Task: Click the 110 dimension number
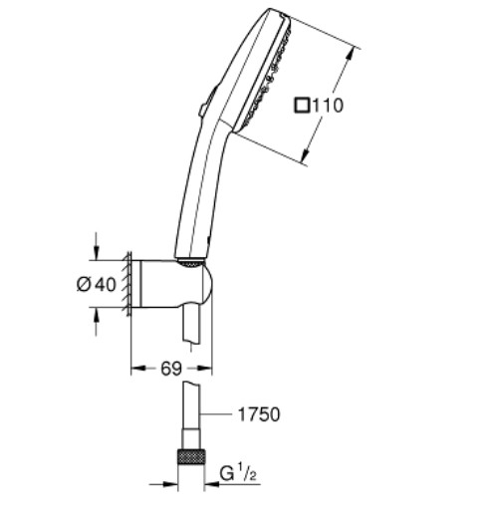click(x=328, y=106)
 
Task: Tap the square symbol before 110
click(x=302, y=106)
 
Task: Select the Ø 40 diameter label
click(x=97, y=285)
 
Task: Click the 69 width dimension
click(x=171, y=369)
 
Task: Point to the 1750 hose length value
click(x=259, y=414)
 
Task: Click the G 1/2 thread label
click(x=238, y=474)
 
